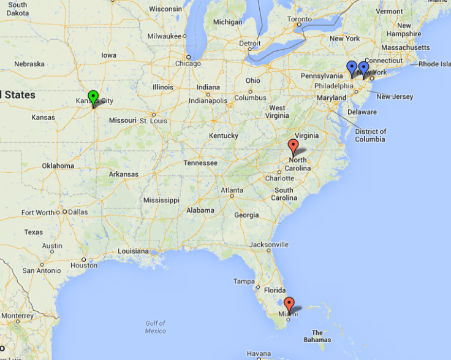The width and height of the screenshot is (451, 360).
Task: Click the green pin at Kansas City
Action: pyautogui.click(x=93, y=97)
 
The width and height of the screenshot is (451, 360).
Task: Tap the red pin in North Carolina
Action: pyautogui.click(x=293, y=146)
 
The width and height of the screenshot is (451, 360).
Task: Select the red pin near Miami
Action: pyautogui.click(x=289, y=304)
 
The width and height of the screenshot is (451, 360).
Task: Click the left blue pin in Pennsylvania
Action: pyautogui.click(x=352, y=67)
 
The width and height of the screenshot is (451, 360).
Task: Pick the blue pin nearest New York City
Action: pyautogui.click(x=363, y=68)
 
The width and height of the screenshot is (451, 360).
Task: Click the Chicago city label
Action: pyautogui.click(x=188, y=63)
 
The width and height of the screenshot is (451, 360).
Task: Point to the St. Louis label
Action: pyautogui.click(x=153, y=120)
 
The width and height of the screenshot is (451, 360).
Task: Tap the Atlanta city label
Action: pyautogui.click(x=232, y=190)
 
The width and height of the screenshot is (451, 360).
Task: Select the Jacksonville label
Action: pyautogui.click(x=268, y=245)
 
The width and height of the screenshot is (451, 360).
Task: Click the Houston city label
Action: pyautogui.click(x=84, y=266)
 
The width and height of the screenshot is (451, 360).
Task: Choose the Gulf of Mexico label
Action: pyautogui.click(x=155, y=327)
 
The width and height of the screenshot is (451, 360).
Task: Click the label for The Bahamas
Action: pyautogui.click(x=317, y=336)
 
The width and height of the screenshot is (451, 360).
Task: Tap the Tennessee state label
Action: pyautogui.click(x=200, y=163)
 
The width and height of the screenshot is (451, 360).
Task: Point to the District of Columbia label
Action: pyautogui.click(x=370, y=135)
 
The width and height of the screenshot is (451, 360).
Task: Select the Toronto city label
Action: pyautogui.click(x=300, y=19)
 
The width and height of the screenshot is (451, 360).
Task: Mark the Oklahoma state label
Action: pyautogui.click(x=58, y=166)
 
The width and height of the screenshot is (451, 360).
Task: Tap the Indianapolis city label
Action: pyautogui.click(x=208, y=101)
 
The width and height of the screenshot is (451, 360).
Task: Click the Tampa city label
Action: pyautogui.click(x=244, y=281)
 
